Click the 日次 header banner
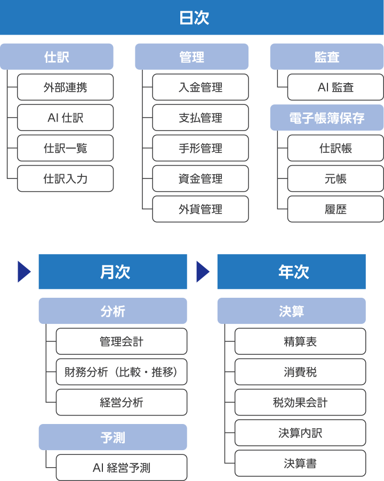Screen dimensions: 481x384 click(192, 18)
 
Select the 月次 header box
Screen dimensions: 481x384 click(113, 272)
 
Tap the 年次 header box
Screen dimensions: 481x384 click(291, 272)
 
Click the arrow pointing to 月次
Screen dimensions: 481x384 click(24, 272)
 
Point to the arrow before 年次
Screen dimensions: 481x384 click(203, 272)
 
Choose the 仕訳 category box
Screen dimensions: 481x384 click(57, 56)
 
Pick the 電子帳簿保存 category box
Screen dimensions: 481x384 click(326, 118)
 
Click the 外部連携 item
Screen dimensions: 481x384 click(65, 87)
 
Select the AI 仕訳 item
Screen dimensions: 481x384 click(65, 118)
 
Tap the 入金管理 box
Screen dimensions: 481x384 click(200, 87)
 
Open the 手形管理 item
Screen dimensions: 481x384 click(200, 148)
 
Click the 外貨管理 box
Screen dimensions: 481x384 click(200, 209)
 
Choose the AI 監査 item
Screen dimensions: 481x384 click(335, 87)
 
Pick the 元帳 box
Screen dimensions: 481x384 click(335, 178)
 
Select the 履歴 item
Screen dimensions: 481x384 click(335, 209)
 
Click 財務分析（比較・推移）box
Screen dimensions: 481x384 click(121, 372)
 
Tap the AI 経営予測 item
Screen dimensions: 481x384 click(121, 468)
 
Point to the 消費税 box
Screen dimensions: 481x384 click(300, 372)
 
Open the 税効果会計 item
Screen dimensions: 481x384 click(300, 402)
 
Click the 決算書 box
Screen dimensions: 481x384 click(300, 463)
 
